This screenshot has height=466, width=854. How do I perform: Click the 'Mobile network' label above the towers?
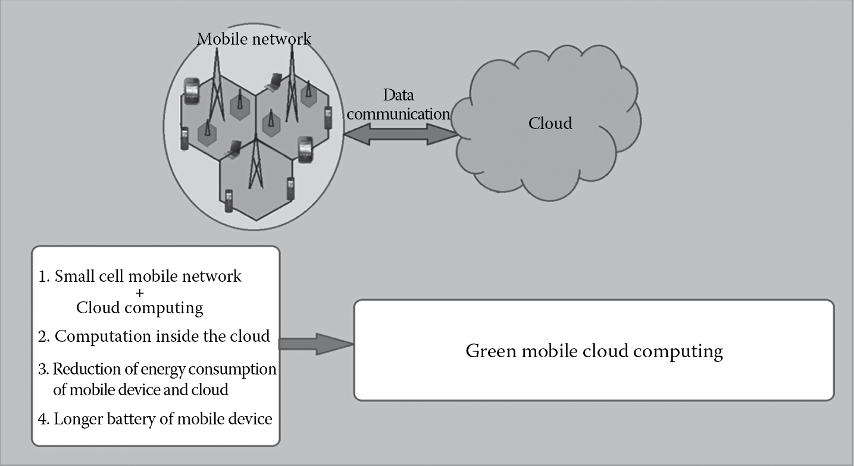click(x=254, y=39)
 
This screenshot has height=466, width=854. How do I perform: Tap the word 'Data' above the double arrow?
click(x=398, y=95)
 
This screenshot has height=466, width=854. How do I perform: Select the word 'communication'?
click(x=399, y=114)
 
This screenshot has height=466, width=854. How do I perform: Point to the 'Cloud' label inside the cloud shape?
click(x=550, y=123)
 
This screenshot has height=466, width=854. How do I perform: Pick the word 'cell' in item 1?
click(x=111, y=276)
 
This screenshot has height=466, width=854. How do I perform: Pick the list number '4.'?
click(x=44, y=420)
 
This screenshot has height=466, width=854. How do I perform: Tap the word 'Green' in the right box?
click(x=491, y=351)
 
